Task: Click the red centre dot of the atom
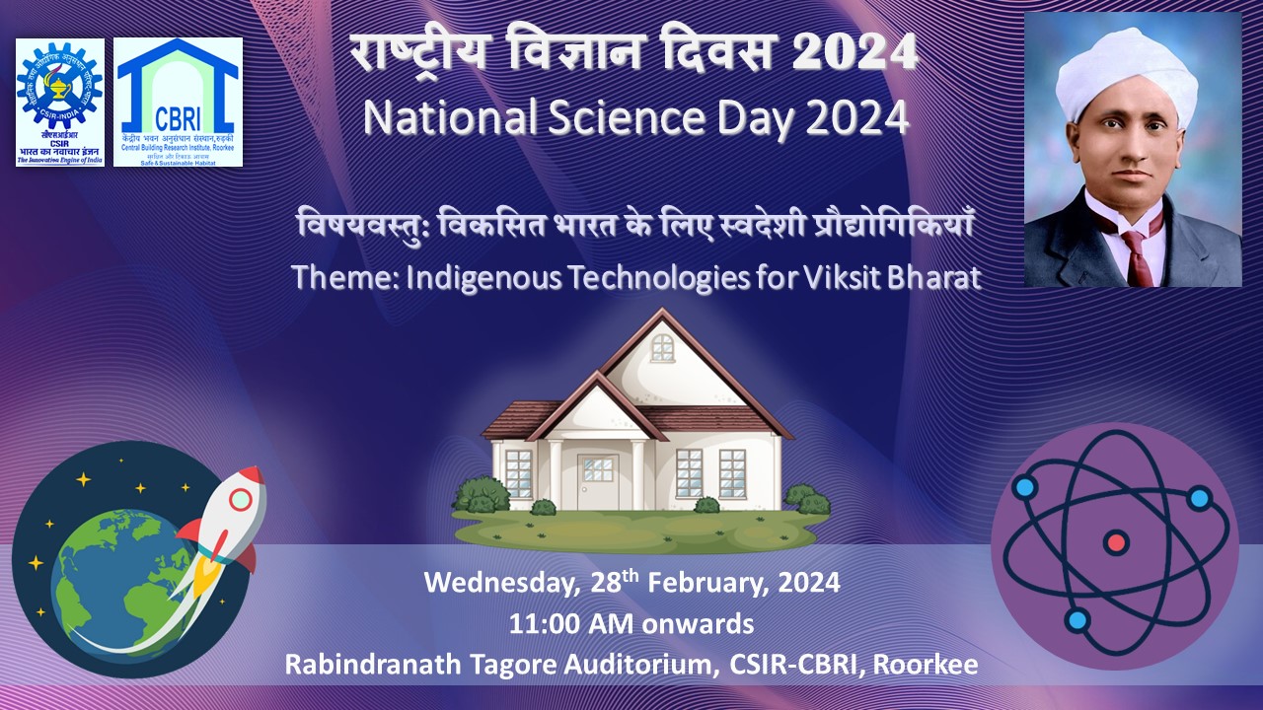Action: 1116,542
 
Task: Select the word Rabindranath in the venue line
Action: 368,665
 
